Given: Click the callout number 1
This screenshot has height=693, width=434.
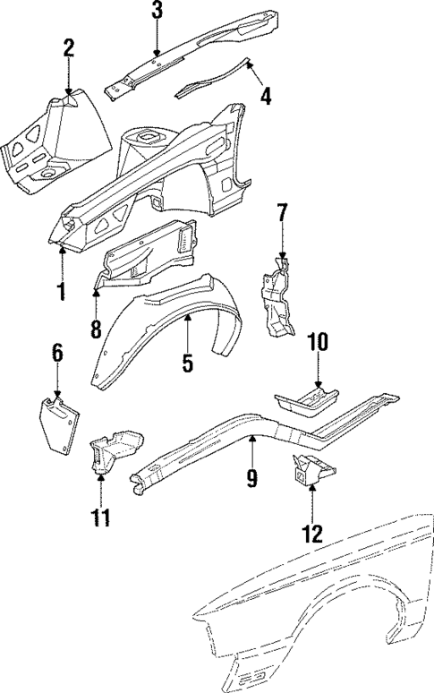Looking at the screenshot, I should pos(61,291).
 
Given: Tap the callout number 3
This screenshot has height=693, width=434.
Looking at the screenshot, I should pos(157,12).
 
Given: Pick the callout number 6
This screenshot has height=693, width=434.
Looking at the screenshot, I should pos(57,353).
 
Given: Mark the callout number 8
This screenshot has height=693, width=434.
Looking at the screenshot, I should pos(97,328).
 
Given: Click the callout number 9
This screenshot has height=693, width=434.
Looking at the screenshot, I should pos(252,478).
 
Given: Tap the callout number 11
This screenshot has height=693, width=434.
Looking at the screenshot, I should pos(101,518).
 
